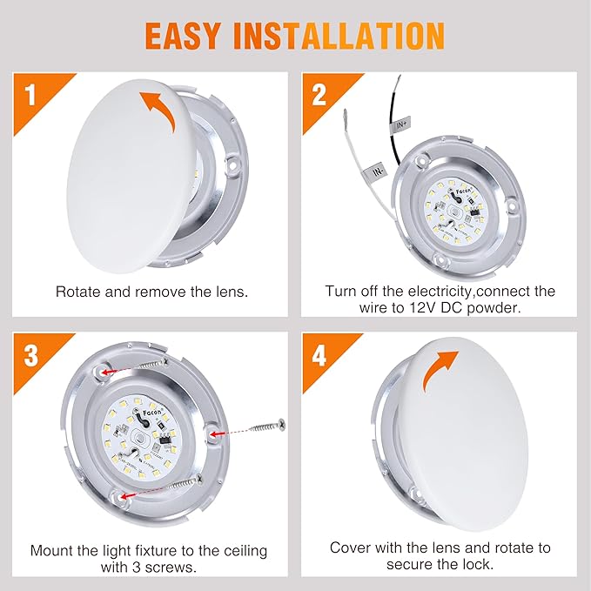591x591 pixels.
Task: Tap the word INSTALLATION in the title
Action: [x=347, y=37]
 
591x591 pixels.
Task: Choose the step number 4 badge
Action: [x=319, y=357]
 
